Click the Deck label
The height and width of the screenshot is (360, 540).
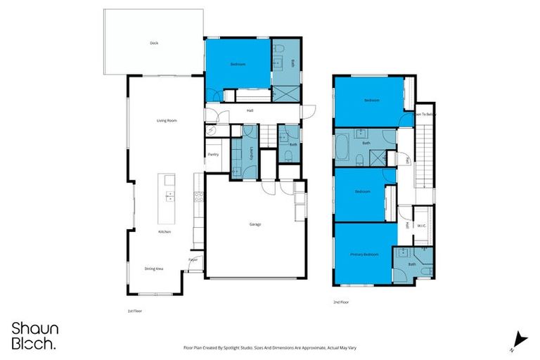point(153,43)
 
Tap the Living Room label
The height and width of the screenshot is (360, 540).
point(167,121)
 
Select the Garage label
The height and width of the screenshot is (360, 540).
point(255,224)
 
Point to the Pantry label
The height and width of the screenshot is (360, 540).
point(213,155)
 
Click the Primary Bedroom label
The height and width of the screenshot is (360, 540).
point(364,254)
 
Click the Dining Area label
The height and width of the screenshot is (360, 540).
point(154,269)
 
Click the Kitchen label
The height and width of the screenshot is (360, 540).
point(164,232)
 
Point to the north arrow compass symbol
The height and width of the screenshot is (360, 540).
point(519,338)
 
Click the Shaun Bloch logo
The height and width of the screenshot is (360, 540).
point(35,335)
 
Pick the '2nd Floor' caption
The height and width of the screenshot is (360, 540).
point(341,302)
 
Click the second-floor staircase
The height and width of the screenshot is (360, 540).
point(423,159)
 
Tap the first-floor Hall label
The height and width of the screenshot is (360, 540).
point(250,111)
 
